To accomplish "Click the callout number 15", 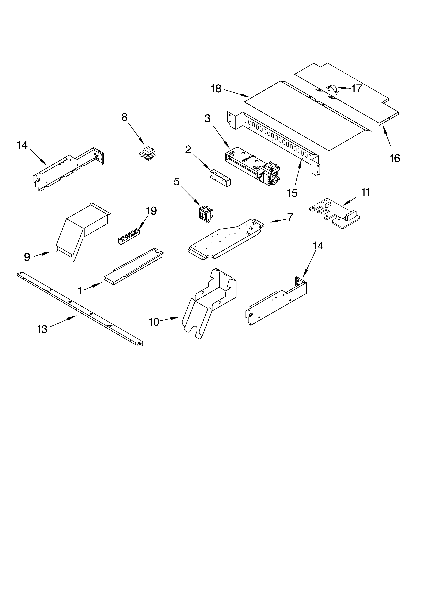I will point(292,193).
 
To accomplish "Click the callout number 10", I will point(154,322).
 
